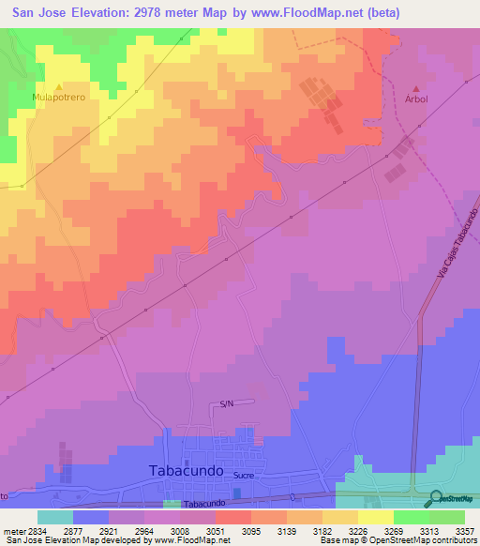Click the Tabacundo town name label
click(x=186, y=471)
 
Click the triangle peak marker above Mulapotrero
click(x=59, y=85)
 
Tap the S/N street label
click(x=226, y=403)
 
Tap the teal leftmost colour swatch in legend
click(x=54, y=517)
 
